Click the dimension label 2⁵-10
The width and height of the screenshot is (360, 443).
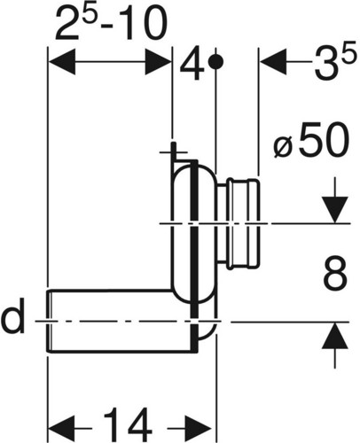click(111, 23)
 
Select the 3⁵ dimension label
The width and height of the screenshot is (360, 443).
click(334, 64)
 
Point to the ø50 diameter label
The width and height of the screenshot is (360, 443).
click(309, 141)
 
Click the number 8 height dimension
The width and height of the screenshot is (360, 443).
click(334, 274)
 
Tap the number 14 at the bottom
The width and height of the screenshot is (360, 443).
click(128, 425)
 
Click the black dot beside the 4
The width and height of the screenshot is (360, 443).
click(215, 62)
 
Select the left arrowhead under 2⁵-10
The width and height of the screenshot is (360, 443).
click(61, 62)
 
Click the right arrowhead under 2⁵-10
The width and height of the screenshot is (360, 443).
click(158, 62)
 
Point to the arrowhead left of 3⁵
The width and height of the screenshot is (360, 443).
click(273, 62)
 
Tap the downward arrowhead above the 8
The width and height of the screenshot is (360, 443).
click(334, 210)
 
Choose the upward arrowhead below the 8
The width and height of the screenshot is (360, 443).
click(334, 336)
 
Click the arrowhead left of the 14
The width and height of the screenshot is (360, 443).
click(61, 428)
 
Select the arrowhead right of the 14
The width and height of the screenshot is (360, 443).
click(199, 428)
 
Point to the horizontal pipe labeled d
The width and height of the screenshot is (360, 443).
click(121, 322)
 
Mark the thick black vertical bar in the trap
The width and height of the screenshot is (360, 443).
click(194, 255)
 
